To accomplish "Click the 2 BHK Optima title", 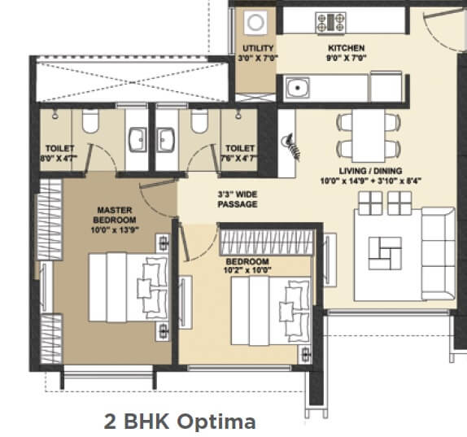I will click(x=180, y=422).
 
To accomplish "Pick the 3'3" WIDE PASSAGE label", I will click(x=238, y=199).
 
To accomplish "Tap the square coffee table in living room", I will click(x=384, y=251).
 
